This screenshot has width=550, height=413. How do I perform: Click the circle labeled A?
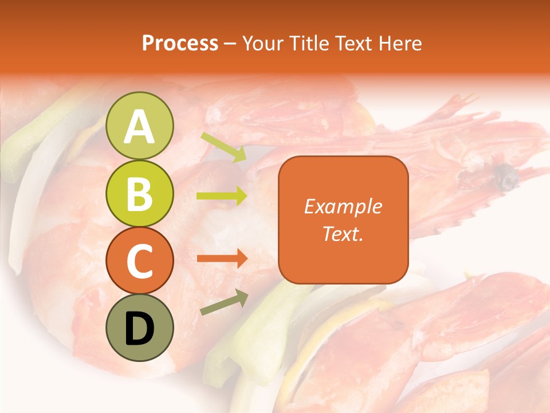(x=140, y=126)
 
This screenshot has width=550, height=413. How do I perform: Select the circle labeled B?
(x=140, y=193)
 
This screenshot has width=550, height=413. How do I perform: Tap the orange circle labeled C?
(x=140, y=261)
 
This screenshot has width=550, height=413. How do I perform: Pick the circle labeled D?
(x=140, y=328)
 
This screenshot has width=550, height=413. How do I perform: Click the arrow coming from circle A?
(x=223, y=147)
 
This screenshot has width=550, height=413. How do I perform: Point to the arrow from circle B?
(x=222, y=196)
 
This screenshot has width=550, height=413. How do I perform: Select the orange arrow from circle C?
(x=222, y=258)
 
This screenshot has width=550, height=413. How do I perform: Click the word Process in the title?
(x=180, y=43)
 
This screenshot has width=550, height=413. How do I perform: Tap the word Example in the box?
(x=343, y=206)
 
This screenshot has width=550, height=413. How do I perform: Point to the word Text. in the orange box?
(x=343, y=233)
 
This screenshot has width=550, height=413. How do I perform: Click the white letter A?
(x=140, y=127)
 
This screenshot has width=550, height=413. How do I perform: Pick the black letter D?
(x=140, y=329)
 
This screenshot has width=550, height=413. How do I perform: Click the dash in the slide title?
(x=230, y=44)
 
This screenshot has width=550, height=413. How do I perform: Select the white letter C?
(x=140, y=262)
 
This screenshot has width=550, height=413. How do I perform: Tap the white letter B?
(x=140, y=194)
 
